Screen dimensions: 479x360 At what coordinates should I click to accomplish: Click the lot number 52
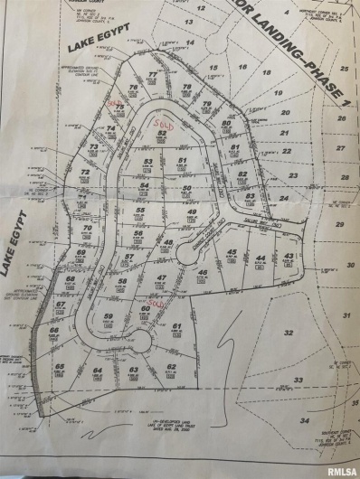pyautogui.click(x=162, y=133)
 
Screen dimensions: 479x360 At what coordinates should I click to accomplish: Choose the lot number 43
pyautogui.click(x=288, y=257)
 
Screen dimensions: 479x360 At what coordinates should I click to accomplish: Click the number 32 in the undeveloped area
pyautogui.click(x=288, y=333)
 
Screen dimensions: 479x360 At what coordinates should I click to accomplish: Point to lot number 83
pyautogui.click(x=250, y=195)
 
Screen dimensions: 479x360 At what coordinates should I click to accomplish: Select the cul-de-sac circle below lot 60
pyautogui.click(x=141, y=341)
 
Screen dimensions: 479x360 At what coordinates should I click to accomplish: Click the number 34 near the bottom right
pyautogui.click(x=305, y=420)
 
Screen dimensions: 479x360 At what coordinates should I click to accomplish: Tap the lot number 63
pyautogui.click(x=133, y=370)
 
